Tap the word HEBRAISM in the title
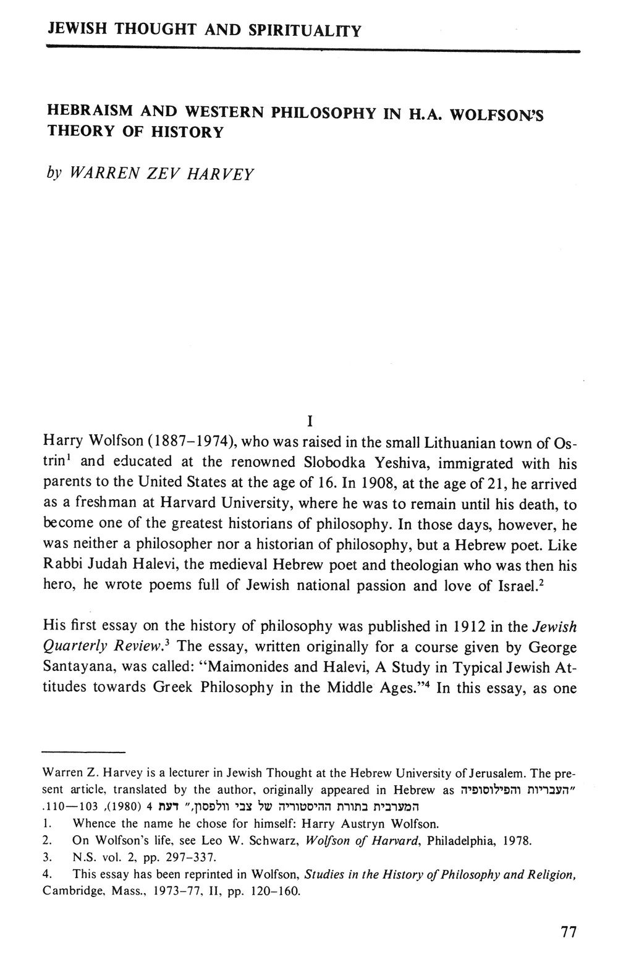click(x=89, y=112)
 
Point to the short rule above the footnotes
click(x=83, y=752)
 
